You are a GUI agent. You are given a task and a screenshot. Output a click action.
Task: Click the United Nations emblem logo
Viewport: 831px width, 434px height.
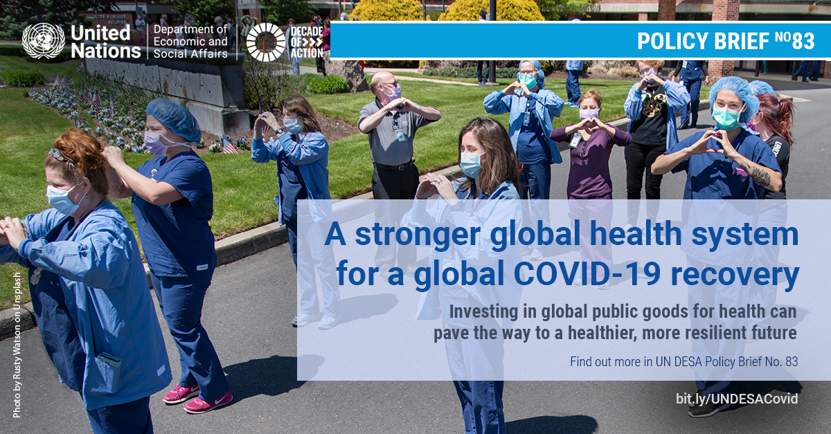coord(44,41)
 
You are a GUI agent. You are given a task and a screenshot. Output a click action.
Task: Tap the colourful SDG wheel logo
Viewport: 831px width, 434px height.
coord(266,42)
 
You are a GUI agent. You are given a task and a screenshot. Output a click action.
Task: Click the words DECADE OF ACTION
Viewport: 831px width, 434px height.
coord(306,42)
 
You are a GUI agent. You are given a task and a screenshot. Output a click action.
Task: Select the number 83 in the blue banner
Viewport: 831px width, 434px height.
coord(803,41)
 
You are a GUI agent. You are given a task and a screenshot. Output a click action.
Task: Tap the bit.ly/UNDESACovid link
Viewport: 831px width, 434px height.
coord(737,399)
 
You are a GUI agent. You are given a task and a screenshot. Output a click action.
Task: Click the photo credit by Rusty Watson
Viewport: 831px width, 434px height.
coord(17,345)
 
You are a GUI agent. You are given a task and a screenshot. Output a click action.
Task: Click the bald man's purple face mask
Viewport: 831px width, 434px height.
coord(393,92)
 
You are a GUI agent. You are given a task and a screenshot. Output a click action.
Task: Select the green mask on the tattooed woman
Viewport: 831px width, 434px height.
coord(726,117)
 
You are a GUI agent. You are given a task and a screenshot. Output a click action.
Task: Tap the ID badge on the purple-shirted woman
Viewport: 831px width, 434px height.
coord(575,140)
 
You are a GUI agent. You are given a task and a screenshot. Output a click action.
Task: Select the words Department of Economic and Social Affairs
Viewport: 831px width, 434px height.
coord(190,42)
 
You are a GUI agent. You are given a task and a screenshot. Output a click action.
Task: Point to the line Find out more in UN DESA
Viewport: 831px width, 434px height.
coord(683,361)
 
